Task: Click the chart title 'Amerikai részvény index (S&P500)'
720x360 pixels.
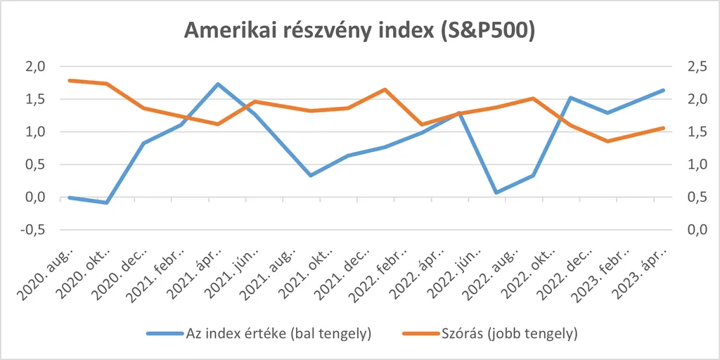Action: [359, 31]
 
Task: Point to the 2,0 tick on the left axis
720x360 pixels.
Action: [36, 67]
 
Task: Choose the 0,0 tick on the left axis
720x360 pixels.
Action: [36, 198]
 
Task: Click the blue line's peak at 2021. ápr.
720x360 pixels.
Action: [218, 84]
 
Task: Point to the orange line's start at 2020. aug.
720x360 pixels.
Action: [69, 81]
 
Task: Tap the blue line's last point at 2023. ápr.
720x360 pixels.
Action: [663, 90]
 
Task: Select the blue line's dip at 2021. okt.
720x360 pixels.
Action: [311, 175]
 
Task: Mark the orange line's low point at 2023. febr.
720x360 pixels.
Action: [607, 141]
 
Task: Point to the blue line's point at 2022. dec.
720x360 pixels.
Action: [570, 98]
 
